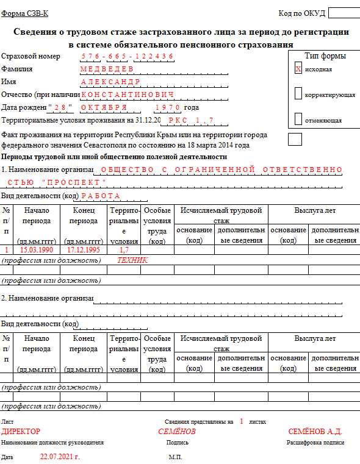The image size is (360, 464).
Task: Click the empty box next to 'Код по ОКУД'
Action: pyautogui.click(x=343, y=13)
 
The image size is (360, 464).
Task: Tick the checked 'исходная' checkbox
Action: pyautogui.click(x=298, y=69)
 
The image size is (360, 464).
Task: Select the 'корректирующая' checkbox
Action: pyautogui.click(x=298, y=94)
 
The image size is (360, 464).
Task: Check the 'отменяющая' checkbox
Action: pyautogui.click(x=298, y=119)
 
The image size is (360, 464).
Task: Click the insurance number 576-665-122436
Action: pyautogui.click(x=128, y=56)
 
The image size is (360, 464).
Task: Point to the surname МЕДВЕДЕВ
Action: pyautogui.click(x=110, y=69)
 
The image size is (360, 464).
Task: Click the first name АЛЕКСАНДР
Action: pyautogui.click(x=110, y=82)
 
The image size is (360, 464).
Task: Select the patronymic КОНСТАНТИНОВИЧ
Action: pyautogui.click(x=128, y=95)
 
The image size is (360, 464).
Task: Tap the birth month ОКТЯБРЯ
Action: pyautogui.click(x=103, y=107)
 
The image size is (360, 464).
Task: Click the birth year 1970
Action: pyautogui.click(x=167, y=107)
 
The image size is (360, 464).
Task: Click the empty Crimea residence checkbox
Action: pyautogui.click(x=295, y=139)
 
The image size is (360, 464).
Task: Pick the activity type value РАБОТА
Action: pyautogui.click(x=101, y=196)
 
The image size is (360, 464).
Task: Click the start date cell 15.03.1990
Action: pyautogui.click(x=37, y=250)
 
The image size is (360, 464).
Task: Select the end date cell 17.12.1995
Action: pyautogui.click(x=84, y=250)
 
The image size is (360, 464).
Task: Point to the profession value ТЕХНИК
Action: pyautogui.click(x=132, y=260)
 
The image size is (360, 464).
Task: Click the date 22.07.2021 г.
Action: pyautogui.click(x=60, y=456)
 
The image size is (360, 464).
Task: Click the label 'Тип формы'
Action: pyautogui.click(x=325, y=56)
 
